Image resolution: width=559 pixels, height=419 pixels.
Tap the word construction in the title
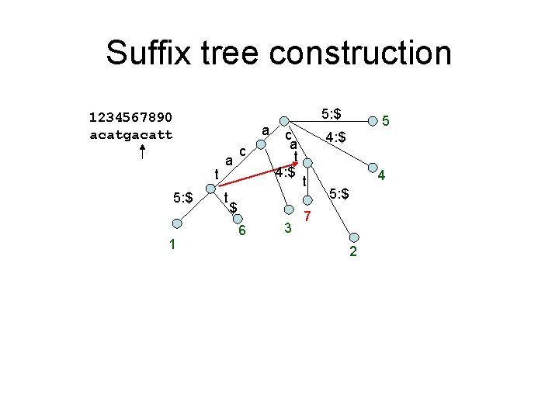(x=361, y=53)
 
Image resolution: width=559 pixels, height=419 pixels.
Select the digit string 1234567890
(x=131, y=118)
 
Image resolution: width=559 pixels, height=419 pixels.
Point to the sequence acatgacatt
(x=131, y=134)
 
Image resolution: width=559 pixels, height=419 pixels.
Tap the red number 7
(x=308, y=214)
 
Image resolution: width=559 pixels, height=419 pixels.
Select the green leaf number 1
(x=172, y=245)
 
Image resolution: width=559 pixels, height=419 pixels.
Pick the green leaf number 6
(x=242, y=230)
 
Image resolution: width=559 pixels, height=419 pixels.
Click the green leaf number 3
(x=287, y=228)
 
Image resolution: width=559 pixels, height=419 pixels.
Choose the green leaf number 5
(x=386, y=121)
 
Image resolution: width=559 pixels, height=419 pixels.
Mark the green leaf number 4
(x=380, y=177)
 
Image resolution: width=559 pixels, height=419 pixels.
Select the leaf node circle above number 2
(x=354, y=238)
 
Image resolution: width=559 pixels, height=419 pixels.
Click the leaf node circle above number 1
(x=177, y=223)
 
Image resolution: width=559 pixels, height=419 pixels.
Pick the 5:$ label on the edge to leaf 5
(x=332, y=116)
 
